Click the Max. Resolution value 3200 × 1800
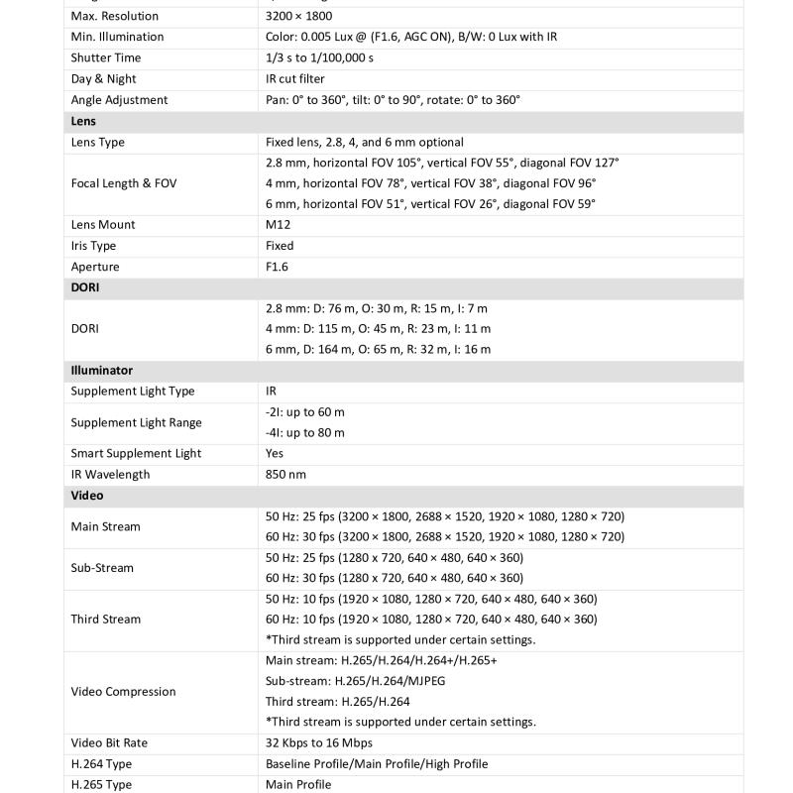pyautogui.click(x=298, y=16)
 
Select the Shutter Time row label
pyautogui.click(x=105, y=57)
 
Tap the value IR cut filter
pyautogui.click(x=294, y=78)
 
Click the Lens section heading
pyautogui.click(x=83, y=121)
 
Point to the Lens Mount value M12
pyautogui.click(x=280, y=224)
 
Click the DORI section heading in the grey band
pyautogui.click(x=84, y=287)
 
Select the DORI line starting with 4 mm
pyautogui.click(x=378, y=328)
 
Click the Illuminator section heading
pyautogui.click(x=101, y=370)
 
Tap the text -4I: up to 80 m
pyautogui.click(x=305, y=432)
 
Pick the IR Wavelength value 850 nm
pyautogui.click(x=285, y=474)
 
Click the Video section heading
pyautogui.click(x=87, y=495)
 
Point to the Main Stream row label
pyautogui.click(x=105, y=526)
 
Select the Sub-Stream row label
pyautogui.click(x=101, y=568)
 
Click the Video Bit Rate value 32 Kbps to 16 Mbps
pyautogui.click(x=319, y=742)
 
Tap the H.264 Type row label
pyautogui.click(x=101, y=763)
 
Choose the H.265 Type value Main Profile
pyautogui.click(x=298, y=784)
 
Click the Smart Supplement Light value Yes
pyautogui.click(x=275, y=453)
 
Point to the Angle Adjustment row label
pyautogui.click(x=119, y=99)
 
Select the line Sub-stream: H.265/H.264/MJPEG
pyautogui.click(x=355, y=681)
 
